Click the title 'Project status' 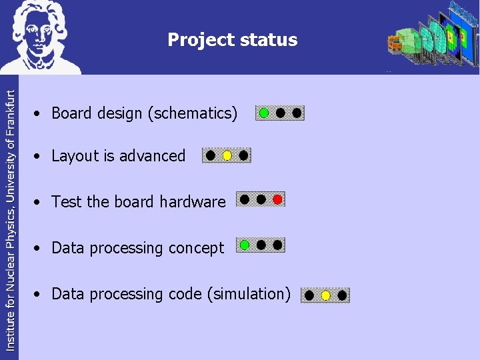point(232,40)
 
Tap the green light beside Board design point(264,113)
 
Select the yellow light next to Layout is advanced point(227,156)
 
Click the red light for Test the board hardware point(277,199)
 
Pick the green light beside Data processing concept point(245,245)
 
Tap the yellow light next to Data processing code point(325,295)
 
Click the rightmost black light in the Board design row point(297,113)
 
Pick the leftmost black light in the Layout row point(211,155)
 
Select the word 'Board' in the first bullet point(71,113)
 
